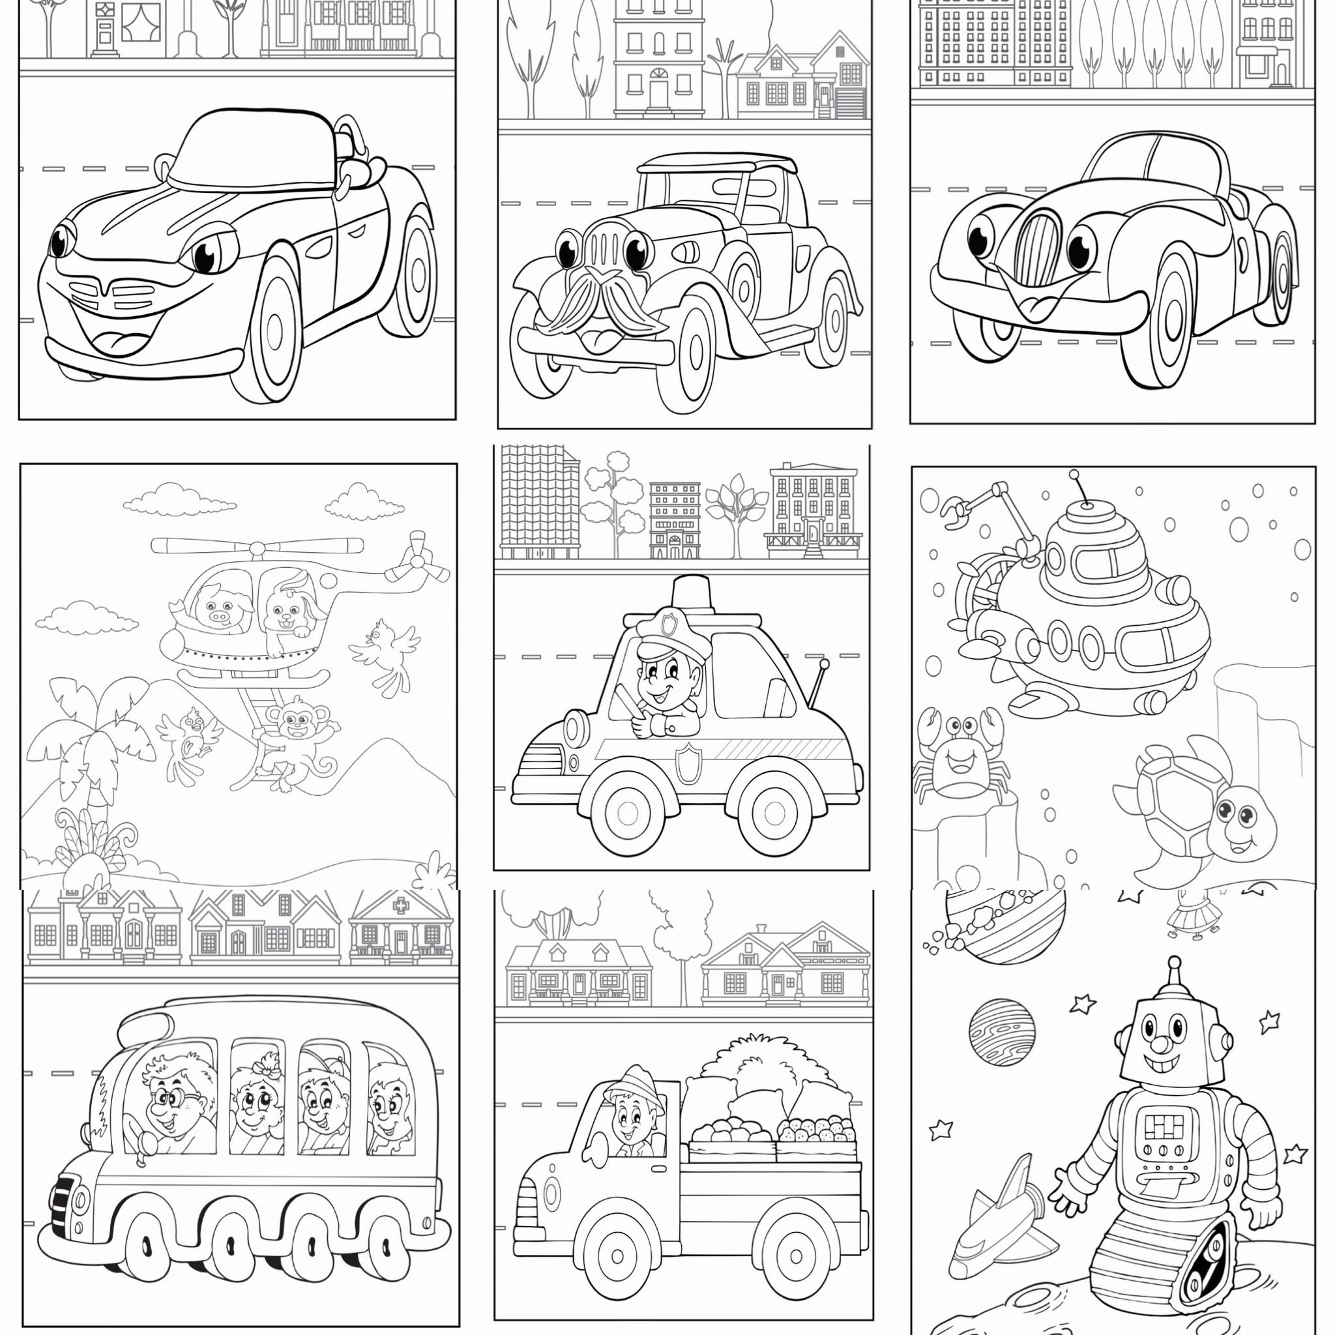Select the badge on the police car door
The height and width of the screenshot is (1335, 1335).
pyautogui.click(x=689, y=764)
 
